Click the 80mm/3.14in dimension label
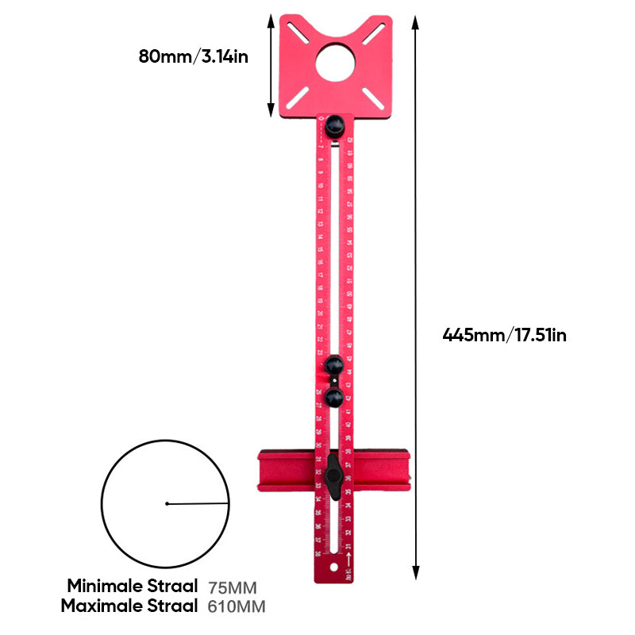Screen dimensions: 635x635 [193, 56]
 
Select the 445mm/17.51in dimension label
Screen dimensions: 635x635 [504, 335]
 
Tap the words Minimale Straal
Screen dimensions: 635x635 [132, 587]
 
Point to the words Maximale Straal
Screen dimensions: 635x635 [132, 606]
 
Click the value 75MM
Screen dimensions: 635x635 [233, 588]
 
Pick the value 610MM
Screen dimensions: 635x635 [237, 607]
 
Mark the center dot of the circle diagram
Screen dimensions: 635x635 [167, 503]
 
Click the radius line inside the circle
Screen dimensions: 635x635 [198, 502]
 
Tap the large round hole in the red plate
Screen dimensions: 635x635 [337, 62]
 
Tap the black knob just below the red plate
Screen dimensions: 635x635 [334, 125]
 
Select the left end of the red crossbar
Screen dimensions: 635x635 [264, 473]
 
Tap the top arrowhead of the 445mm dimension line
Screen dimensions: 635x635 [415, 21]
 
